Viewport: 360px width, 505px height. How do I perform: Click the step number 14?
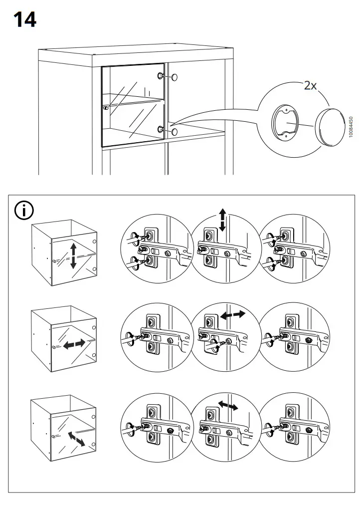pyautogui.click(x=24, y=20)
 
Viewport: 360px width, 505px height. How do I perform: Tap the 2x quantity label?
pyautogui.click(x=310, y=85)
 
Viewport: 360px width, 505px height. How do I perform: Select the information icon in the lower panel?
pyautogui.click(x=24, y=211)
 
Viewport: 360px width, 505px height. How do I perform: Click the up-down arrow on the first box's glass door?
pyautogui.click(x=73, y=255)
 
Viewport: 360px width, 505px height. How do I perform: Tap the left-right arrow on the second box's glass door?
pyautogui.click(x=73, y=344)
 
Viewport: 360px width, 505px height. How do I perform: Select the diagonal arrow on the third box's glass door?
pyautogui.click(x=76, y=439)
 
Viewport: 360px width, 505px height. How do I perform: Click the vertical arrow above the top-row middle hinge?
pyautogui.click(x=222, y=220)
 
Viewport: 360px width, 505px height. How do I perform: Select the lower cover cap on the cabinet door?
pyautogui.click(x=175, y=131)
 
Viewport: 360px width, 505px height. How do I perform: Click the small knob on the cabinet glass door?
pyautogui.click(x=105, y=107)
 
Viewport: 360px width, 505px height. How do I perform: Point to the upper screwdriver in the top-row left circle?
pyautogui.click(x=134, y=238)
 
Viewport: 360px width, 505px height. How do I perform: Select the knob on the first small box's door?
pyautogui.click(x=54, y=260)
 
